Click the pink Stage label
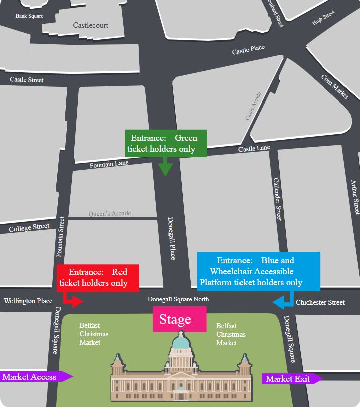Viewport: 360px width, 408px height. coord(175,319)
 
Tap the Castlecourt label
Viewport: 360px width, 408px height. coord(90,25)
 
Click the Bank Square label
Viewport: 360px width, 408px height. coord(29,16)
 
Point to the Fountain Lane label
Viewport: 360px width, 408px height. coord(109,164)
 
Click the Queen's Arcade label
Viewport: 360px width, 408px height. coord(109,214)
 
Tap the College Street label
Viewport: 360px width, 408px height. coord(29,228)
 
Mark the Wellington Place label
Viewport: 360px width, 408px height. coord(28,301)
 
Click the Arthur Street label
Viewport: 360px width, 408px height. coord(355,197)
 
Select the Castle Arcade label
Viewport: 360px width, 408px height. coord(253,106)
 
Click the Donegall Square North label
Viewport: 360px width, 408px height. coord(178,299)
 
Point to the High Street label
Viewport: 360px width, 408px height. coord(323,18)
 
